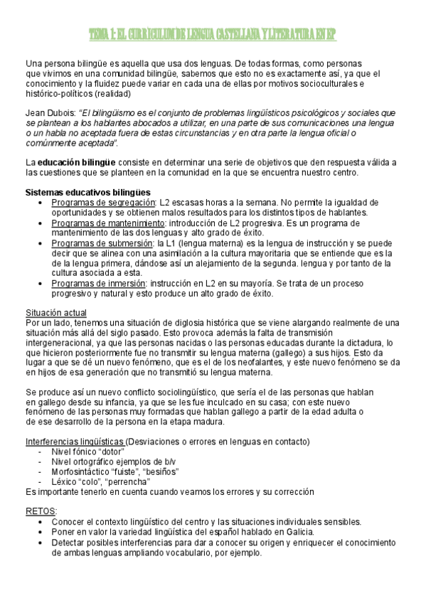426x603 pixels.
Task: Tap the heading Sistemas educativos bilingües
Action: click(x=87, y=192)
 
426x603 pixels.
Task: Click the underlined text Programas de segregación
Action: click(x=102, y=203)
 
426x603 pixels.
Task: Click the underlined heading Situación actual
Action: click(x=56, y=312)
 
